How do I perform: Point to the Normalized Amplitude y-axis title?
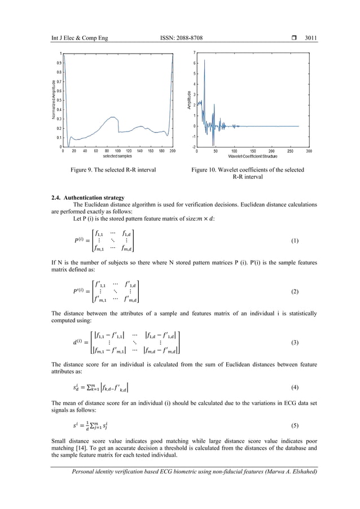[x=54, y=100]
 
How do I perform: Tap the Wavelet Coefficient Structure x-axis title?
[x=252, y=156]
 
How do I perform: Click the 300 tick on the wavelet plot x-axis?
[x=309, y=151]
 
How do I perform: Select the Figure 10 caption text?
[x=248, y=173]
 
